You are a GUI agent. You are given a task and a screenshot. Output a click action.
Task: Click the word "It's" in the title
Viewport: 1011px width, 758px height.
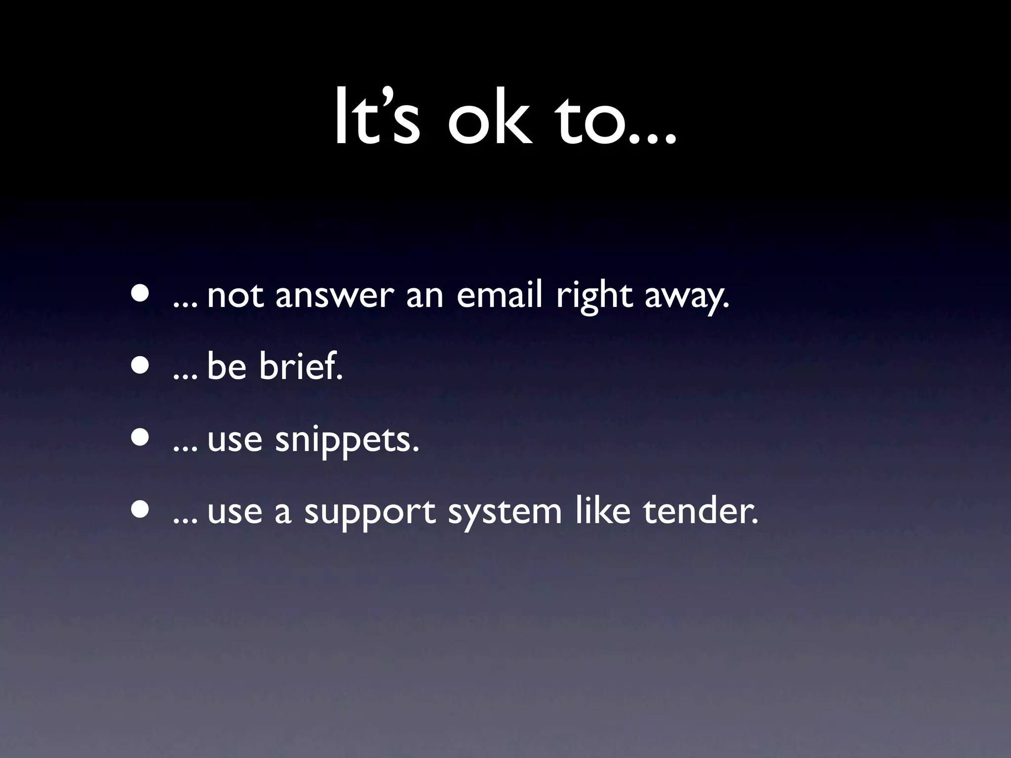click(x=377, y=117)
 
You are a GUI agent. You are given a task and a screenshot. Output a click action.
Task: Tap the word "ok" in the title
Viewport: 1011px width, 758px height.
click(x=490, y=117)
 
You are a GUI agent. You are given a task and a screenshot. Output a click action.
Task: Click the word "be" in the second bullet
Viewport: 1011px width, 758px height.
click(x=227, y=366)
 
